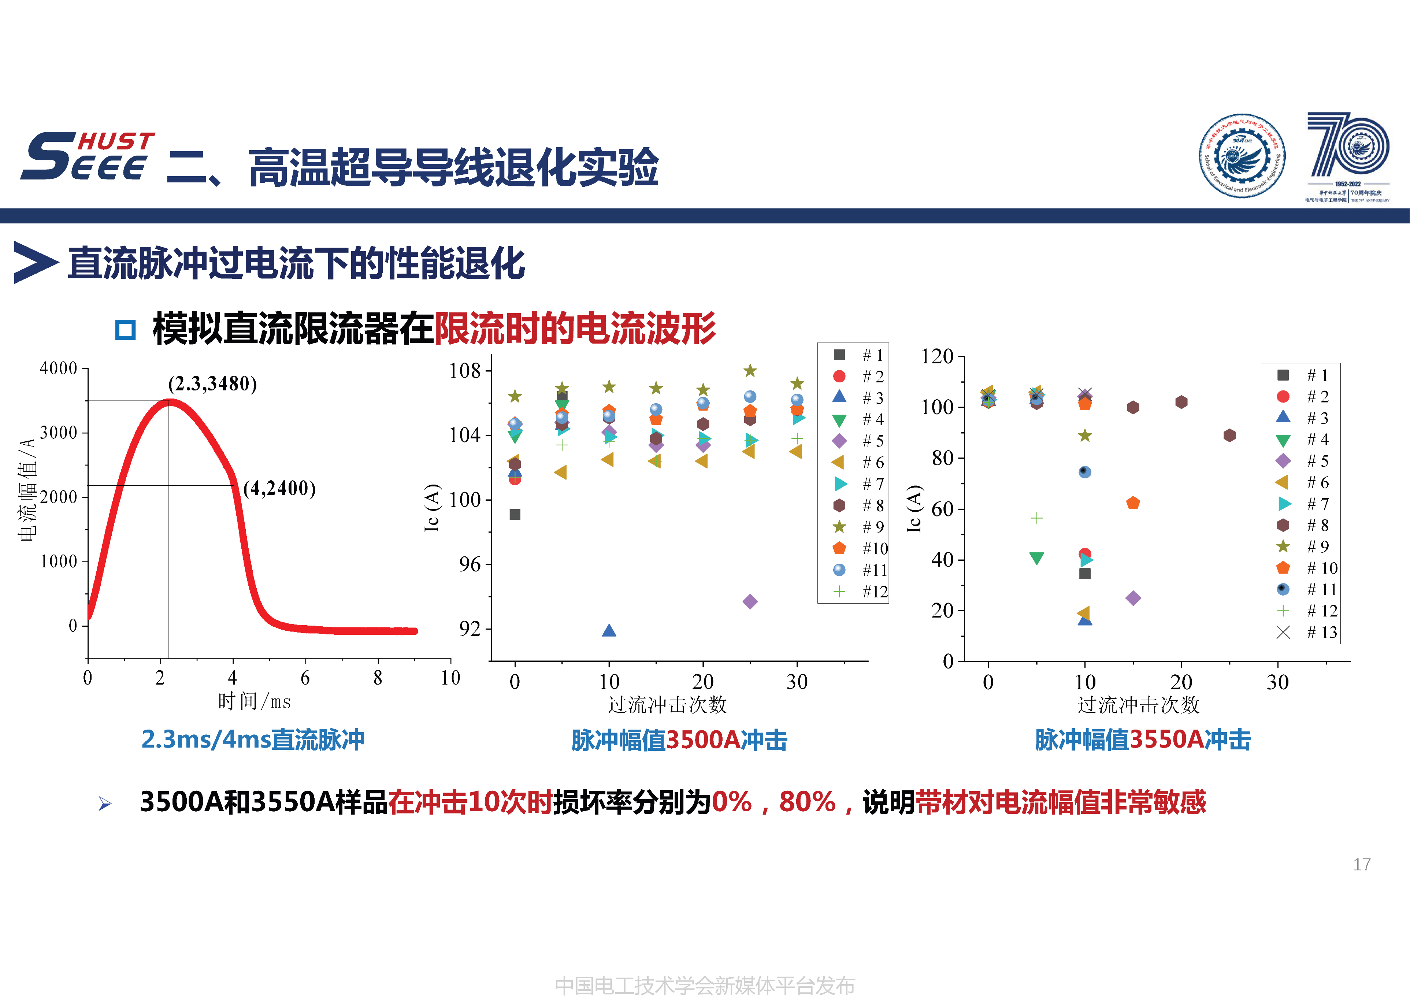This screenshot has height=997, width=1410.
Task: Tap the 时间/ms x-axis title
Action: pos(254,701)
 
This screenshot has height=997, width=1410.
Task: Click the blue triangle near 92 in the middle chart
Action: pos(609,631)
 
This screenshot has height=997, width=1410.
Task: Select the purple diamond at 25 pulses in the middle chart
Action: pos(750,601)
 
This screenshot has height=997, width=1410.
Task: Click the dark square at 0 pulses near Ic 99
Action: pos(515,515)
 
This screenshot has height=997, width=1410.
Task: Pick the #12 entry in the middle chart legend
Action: pos(860,592)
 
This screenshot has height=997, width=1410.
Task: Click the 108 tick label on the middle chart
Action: pos(465,370)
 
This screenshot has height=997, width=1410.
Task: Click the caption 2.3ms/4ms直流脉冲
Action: pos(253,740)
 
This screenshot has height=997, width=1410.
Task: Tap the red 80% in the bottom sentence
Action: pos(807,802)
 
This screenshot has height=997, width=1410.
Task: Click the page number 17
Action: pos(1362,864)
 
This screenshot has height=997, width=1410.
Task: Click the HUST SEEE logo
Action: pos(88,157)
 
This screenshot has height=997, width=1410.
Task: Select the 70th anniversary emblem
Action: pos(1348,157)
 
